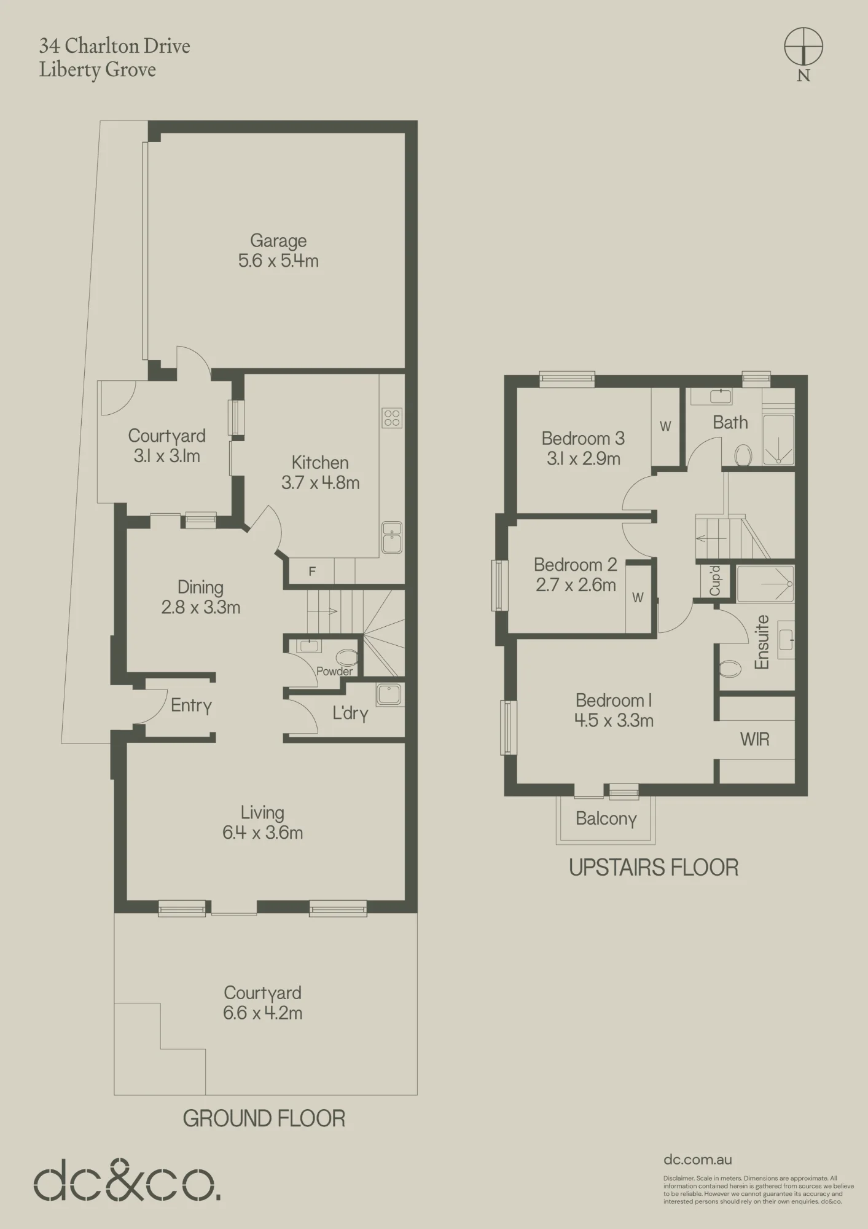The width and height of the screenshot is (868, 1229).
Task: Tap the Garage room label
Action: coord(278,241)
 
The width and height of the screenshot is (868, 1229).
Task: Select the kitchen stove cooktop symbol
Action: coord(392,418)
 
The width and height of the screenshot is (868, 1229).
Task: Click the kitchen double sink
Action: coord(392,537)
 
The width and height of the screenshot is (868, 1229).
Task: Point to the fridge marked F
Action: coord(312,571)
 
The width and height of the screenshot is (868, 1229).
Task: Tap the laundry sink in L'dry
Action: coord(389,694)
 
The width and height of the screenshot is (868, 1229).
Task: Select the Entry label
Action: coord(191,705)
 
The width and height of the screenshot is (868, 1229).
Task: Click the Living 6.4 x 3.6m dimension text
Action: coord(262,833)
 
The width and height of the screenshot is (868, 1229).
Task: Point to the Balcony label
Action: coord(606,819)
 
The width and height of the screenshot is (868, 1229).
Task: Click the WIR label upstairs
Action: coord(755,739)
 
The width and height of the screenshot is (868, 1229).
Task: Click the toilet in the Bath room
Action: coord(743,455)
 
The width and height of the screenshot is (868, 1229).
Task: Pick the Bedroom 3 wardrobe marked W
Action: coord(666,426)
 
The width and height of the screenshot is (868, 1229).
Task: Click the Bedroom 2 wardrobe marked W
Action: coord(638,597)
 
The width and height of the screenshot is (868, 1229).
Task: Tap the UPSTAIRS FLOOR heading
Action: coord(654,868)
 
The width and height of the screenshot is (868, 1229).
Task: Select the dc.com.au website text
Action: coord(698,1160)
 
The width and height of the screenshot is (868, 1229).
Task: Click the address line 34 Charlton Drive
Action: coord(115,46)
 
